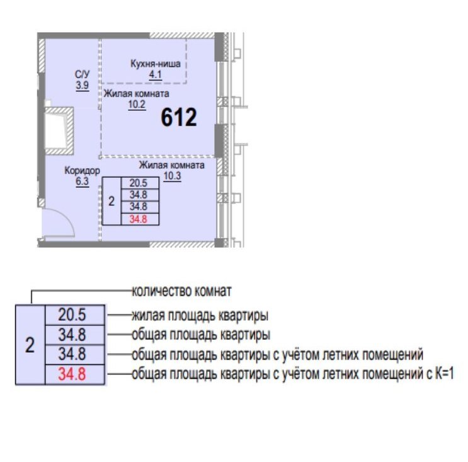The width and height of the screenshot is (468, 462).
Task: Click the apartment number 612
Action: pyautogui.click(x=179, y=117)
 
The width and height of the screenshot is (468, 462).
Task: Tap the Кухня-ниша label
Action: pyautogui.click(x=155, y=64)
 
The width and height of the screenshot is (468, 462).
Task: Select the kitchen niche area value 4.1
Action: pyautogui.click(x=155, y=74)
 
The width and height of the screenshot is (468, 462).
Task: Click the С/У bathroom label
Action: pyautogui.click(x=82, y=74)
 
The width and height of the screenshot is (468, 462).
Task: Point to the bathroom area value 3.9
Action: pyautogui.click(x=82, y=86)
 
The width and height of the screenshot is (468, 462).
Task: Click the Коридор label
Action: pyautogui.click(x=82, y=171)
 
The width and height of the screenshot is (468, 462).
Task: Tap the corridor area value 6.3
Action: pyautogui.click(x=82, y=182)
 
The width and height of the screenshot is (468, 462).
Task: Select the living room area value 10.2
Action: pyautogui.click(x=137, y=105)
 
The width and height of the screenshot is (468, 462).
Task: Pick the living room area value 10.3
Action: pyautogui.click(x=172, y=176)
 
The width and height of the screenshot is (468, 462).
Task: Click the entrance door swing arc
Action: pyautogui.click(x=68, y=217)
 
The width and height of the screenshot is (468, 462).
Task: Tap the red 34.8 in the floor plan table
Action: pyautogui.click(x=139, y=219)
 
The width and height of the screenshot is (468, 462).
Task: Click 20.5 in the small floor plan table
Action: pyautogui.click(x=139, y=183)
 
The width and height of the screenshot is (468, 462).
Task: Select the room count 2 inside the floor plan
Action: pyautogui.click(x=111, y=201)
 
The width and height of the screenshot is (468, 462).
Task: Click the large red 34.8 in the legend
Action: pyautogui.click(x=72, y=374)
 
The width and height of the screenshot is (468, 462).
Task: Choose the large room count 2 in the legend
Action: pyautogui.click(x=30, y=345)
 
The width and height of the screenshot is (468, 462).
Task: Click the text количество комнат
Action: pyautogui.click(x=181, y=291)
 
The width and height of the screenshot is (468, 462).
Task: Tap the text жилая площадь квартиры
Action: pyautogui.click(x=200, y=316)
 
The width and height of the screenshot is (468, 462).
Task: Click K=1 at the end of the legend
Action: pyautogui.click(x=444, y=373)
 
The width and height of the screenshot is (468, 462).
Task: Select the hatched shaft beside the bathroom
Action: pyautogui.click(x=59, y=130)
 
